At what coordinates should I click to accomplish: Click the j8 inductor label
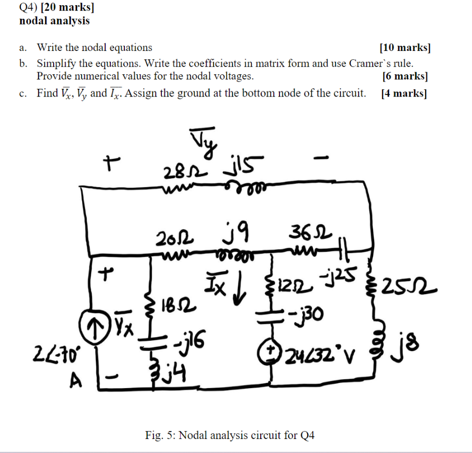point(411,343)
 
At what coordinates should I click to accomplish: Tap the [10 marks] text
point(405,48)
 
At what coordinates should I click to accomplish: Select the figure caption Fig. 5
point(229,435)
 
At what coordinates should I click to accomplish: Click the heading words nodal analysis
point(54,21)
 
